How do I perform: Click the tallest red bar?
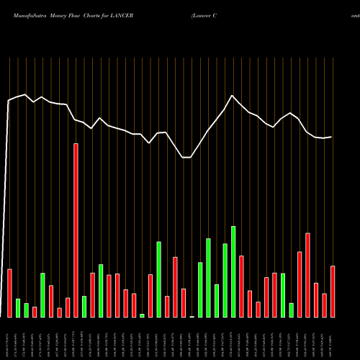(76, 230)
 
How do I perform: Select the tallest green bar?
(233, 271)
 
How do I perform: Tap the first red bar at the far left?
(10, 293)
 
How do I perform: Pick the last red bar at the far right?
(333, 292)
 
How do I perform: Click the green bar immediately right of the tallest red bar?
(84, 307)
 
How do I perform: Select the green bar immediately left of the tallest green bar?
(225, 281)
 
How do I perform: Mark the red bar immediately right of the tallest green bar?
(241, 287)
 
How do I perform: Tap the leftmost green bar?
(18, 308)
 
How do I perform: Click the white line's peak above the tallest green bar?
(233, 96)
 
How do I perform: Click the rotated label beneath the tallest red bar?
(76, 338)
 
